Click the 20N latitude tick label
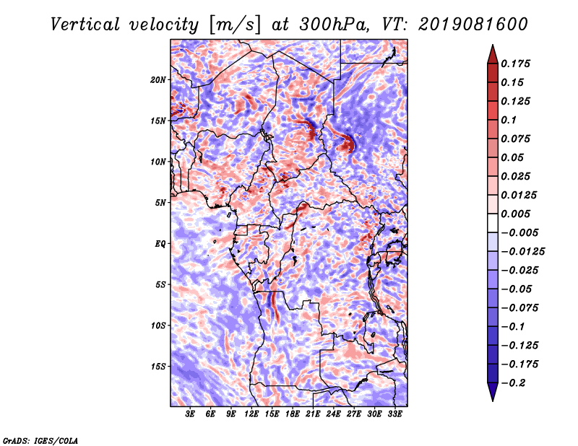[x=158, y=80]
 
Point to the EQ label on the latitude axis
[x=160, y=244]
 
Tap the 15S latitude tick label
[x=158, y=367]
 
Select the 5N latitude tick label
[x=160, y=203]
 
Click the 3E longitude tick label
[x=190, y=414]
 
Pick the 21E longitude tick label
[x=313, y=414]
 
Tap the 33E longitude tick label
[x=394, y=414]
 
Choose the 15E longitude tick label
[x=272, y=414]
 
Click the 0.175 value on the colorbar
[x=515, y=64]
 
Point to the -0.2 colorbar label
[x=513, y=383]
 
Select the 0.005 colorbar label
[x=515, y=214]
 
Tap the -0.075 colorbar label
[x=519, y=308]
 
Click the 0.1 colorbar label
[x=509, y=120]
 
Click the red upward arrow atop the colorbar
[x=493, y=54]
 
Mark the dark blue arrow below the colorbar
[x=493, y=392]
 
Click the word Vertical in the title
[x=85, y=25]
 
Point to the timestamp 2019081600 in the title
[x=473, y=25]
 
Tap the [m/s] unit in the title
[x=234, y=25]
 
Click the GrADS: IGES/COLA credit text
[x=40, y=440]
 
